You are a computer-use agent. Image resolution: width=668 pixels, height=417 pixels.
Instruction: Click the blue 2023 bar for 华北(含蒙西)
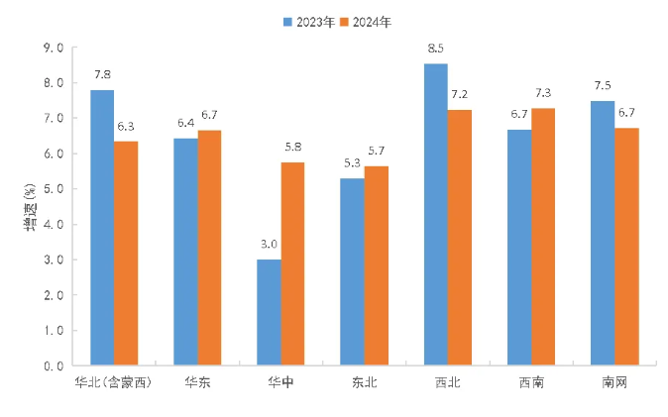pyautogui.click(x=102, y=227)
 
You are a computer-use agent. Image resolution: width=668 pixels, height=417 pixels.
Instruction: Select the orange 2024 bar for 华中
pyautogui.click(x=292, y=263)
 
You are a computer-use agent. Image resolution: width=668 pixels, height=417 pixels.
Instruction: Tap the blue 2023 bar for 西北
pyautogui.click(x=435, y=214)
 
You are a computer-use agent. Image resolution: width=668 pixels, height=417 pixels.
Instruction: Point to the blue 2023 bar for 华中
pyautogui.click(x=269, y=312)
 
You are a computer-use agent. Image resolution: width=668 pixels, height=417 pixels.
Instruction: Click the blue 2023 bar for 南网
pyautogui.click(x=603, y=233)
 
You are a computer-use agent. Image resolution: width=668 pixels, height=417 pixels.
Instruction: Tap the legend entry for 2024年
pyautogui.click(x=366, y=20)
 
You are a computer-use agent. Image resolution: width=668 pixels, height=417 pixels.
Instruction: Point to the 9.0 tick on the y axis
pyautogui.click(x=53, y=48)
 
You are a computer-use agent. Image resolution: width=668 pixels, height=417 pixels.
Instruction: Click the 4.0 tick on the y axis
pyautogui.click(x=53, y=224)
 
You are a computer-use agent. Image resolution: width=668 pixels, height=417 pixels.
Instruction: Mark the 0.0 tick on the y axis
pyautogui.click(x=53, y=365)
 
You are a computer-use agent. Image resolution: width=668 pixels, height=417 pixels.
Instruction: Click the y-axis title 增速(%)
pyautogui.click(x=31, y=206)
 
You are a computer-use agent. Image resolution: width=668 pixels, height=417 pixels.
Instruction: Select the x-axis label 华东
pyautogui.click(x=197, y=381)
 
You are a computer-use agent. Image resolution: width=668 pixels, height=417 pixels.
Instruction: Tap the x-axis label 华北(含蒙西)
pyautogui.click(x=114, y=381)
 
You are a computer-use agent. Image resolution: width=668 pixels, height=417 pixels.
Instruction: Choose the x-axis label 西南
pyautogui.click(x=530, y=381)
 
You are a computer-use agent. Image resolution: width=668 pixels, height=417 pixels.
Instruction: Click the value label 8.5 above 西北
pyautogui.click(x=435, y=49)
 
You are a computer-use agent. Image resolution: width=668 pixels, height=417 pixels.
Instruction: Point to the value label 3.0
pyautogui.click(x=269, y=244)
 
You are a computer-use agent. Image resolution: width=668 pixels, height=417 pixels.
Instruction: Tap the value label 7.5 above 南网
pyautogui.click(x=603, y=86)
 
